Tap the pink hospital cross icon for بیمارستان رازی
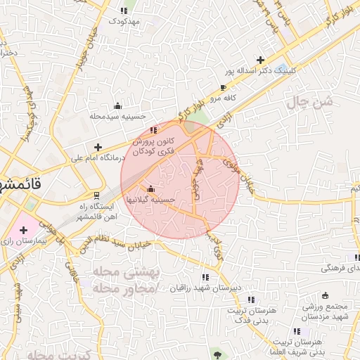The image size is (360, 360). [x=23, y=229]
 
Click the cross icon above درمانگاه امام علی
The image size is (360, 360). [x=98, y=147]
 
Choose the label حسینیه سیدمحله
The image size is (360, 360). [x=117, y=116]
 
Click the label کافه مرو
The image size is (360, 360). [x=221, y=100]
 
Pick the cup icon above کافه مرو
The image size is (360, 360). [x=224, y=89]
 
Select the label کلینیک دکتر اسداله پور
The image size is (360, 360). [x=261, y=71]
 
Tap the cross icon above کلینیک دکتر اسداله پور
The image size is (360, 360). [x=261, y=60]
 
